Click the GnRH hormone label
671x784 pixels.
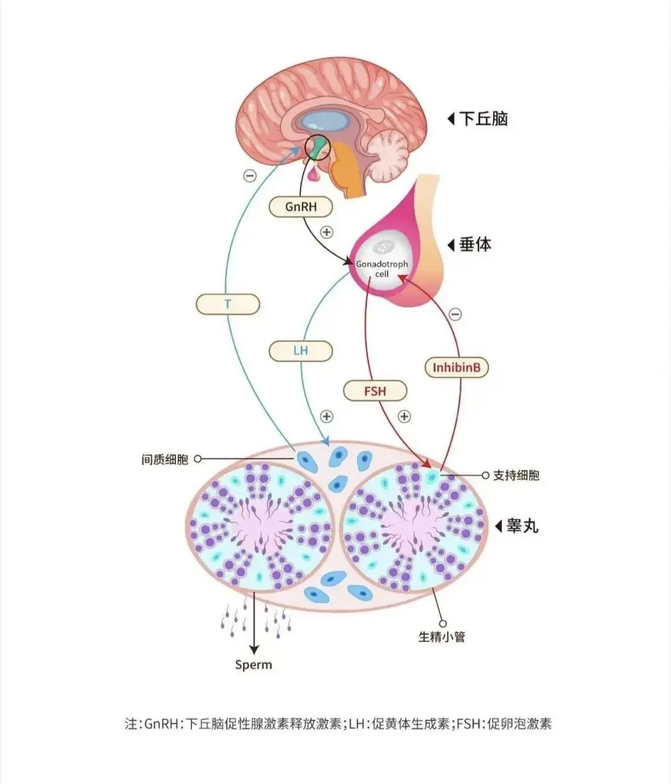click(301, 207)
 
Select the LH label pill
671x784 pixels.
click(301, 351)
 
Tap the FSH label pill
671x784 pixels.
click(375, 391)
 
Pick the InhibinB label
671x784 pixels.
click(457, 368)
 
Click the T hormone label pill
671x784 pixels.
click(227, 304)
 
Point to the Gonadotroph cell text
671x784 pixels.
click(381, 268)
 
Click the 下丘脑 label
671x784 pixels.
click(483, 119)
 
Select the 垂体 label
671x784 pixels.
click(475, 244)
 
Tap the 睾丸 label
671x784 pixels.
click(522, 526)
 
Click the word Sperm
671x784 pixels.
click(253, 665)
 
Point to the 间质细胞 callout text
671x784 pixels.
click(165, 460)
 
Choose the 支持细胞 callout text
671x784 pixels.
click(516, 475)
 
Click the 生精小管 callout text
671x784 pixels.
click(442, 637)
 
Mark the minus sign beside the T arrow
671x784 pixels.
click(250, 176)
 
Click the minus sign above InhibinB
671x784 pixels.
click(455, 314)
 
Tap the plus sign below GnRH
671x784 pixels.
click(327, 232)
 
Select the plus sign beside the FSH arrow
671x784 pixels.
click(404, 416)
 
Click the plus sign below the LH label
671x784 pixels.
click(327, 416)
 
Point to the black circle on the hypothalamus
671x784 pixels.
click(319, 147)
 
